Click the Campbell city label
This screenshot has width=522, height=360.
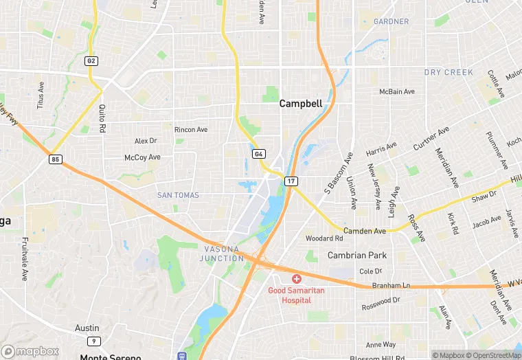(300, 104)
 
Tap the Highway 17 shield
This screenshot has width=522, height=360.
(291, 181)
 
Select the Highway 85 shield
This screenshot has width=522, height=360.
(55, 159)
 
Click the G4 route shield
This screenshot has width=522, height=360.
(258, 154)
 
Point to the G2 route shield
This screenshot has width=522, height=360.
(91, 61)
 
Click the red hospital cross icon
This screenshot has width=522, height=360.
(296, 279)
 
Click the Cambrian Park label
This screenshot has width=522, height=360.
(356, 255)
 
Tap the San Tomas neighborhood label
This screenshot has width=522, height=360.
(178, 195)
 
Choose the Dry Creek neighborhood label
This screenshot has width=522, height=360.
(449, 72)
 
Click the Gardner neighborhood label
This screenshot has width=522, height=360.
(391, 22)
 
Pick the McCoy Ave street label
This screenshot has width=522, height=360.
(142, 157)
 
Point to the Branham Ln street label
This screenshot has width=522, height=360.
(391, 285)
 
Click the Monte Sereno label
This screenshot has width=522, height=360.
(110, 357)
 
